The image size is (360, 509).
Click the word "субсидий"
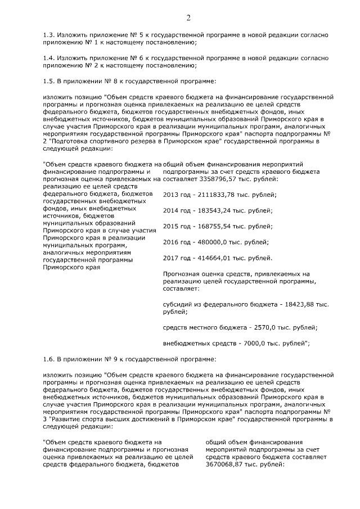pos(177,304)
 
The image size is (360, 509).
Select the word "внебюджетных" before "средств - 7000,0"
pos(184,343)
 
